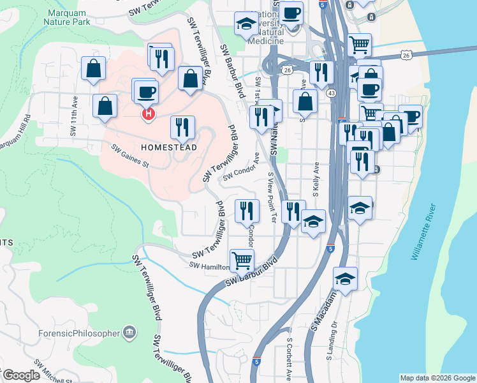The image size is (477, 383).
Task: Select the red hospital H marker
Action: (148, 114)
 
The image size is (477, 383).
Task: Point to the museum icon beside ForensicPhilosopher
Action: (130, 332)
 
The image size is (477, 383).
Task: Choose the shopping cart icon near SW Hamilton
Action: (242, 259)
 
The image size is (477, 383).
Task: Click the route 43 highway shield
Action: (331, 93)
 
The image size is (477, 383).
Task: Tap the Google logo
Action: (21, 375)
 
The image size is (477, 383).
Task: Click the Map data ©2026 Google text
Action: (437, 378)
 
